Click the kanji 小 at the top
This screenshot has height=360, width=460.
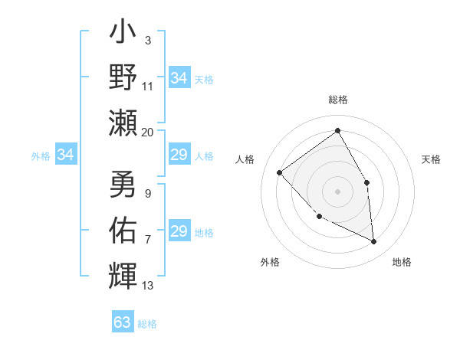tap(123, 34)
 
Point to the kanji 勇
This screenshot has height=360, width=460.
tap(123, 184)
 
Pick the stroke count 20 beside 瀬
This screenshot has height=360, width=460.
tap(147, 132)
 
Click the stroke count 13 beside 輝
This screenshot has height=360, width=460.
tap(147, 286)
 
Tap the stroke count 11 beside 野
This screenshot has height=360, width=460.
tap(147, 87)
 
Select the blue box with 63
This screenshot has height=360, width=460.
tap(123, 322)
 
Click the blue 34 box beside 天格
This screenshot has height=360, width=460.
tap(179, 78)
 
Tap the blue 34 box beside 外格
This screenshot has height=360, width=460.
tap(66, 155)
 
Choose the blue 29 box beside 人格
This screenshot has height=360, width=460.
tap(179, 155)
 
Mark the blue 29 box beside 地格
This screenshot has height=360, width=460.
tap(179, 232)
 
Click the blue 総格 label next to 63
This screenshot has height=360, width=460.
tap(147, 324)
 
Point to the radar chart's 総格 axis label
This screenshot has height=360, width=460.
tap(337, 100)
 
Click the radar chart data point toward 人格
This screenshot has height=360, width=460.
tap(280, 173)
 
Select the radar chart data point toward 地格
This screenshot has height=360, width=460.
tap(373, 241)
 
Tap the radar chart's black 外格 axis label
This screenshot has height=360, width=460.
tap(270, 262)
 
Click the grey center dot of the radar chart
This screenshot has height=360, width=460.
tap(337, 191)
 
